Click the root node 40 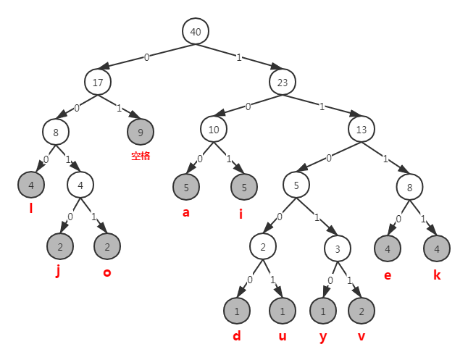coord(196,32)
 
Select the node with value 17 coord(97,83)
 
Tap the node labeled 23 coord(283,83)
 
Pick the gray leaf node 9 coord(141,132)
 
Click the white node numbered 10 coord(214,130)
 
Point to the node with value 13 coord(361,130)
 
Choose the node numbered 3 coord(338,248)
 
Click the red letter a coord(186,213)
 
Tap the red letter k coord(437,275)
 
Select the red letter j coord(58,272)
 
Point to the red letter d coord(236,336)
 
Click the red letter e coord(387,275)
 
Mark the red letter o coord(106,272)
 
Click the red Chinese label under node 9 coord(141,156)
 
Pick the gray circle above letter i coord(244,187)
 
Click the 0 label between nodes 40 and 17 coord(146,57)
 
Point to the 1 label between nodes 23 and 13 coord(322,106)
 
